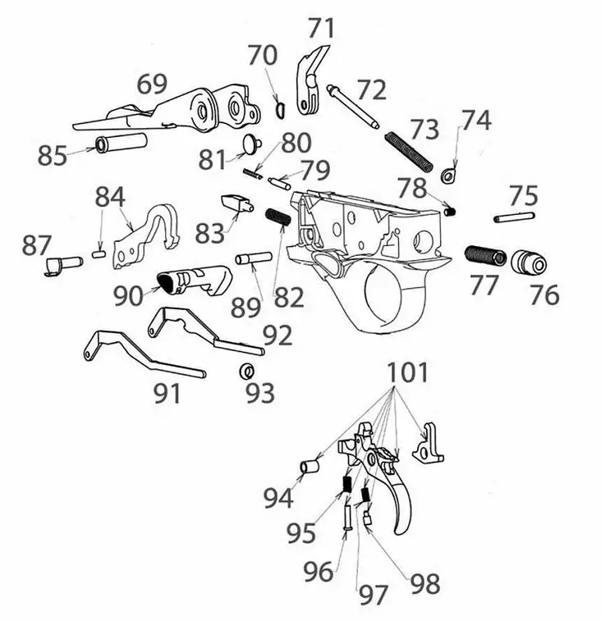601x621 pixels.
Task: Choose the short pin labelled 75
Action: point(515,217)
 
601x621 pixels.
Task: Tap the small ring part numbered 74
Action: point(447,175)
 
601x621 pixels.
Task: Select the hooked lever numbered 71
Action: point(311,82)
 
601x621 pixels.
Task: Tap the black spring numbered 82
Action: point(278,218)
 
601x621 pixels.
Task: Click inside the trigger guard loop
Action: point(383,297)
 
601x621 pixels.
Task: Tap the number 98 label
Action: point(424,583)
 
